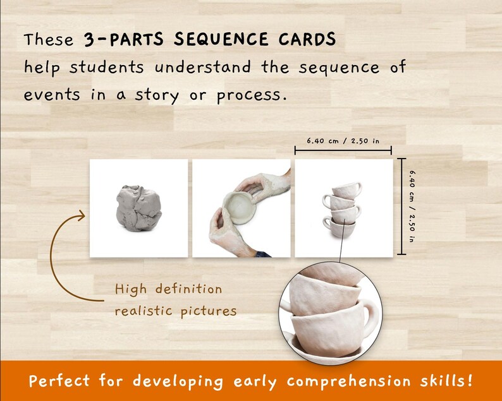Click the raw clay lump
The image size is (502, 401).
click(x=138, y=208)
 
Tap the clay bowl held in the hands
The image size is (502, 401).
click(x=240, y=208)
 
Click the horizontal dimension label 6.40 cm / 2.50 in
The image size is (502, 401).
click(x=344, y=140)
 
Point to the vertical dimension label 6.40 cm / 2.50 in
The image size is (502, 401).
click(x=412, y=206)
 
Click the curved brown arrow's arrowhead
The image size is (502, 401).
click(x=81, y=217)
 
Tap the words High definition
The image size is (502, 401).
click(x=168, y=290)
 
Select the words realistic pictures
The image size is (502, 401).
click(x=176, y=311)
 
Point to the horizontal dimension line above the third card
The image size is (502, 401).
click(x=344, y=151)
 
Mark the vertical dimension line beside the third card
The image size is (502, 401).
click(x=401, y=206)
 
